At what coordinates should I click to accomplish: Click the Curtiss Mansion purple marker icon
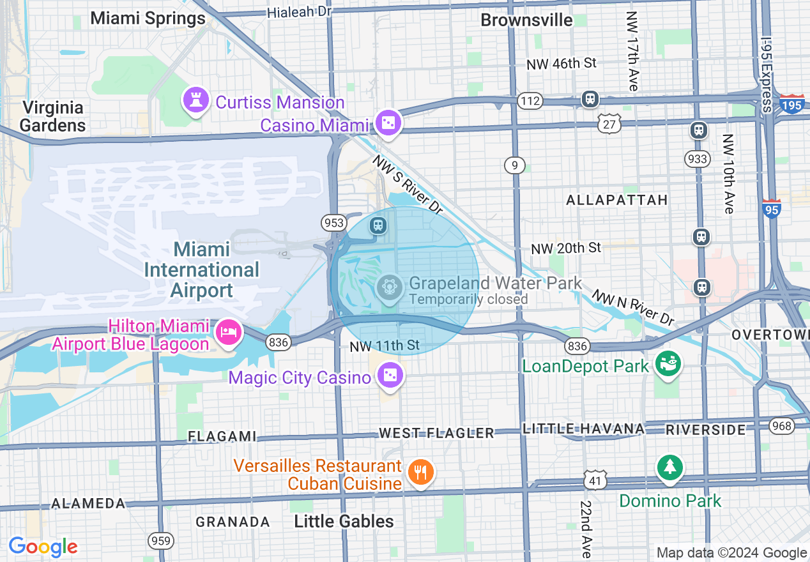tap(195, 101)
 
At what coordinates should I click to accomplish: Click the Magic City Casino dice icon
tap(389, 376)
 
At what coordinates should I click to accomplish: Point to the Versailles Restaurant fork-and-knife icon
tap(420, 473)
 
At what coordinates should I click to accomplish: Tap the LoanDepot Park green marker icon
tap(668, 365)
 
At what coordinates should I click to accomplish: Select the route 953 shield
tap(333, 222)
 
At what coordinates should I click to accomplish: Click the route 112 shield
tap(530, 101)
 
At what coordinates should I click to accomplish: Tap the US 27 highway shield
tap(610, 124)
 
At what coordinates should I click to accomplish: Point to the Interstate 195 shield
tap(791, 104)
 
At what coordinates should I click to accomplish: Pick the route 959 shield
tap(161, 541)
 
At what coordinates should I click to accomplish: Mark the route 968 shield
tap(781, 425)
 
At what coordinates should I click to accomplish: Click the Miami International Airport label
tap(202, 270)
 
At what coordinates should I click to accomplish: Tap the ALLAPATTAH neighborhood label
tap(616, 200)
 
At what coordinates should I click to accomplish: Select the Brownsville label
tap(526, 20)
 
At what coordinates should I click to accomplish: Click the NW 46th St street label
tap(561, 63)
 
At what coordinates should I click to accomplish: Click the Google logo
tap(43, 547)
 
